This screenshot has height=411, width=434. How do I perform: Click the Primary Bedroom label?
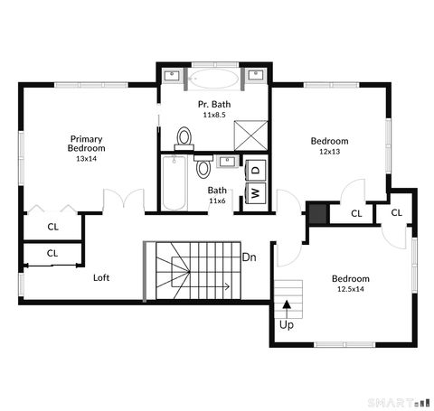point(88,144)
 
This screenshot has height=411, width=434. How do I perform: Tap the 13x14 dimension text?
point(88,158)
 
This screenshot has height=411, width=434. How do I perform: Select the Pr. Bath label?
point(215,105)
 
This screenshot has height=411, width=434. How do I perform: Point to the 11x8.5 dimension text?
point(215,116)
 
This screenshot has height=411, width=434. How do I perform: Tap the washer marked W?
point(256,192)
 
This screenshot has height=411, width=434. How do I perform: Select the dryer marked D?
point(256,169)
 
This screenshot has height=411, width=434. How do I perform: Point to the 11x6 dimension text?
point(217,201)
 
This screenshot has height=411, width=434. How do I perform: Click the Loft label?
point(101,277)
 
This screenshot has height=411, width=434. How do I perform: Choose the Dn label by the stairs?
point(250,257)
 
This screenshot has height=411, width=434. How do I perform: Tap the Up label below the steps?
point(287,324)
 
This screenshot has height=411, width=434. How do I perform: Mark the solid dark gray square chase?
point(316,213)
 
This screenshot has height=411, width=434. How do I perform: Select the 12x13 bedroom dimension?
point(329,152)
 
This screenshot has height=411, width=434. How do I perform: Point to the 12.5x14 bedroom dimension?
point(349,289)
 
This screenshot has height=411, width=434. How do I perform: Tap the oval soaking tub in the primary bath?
point(216,78)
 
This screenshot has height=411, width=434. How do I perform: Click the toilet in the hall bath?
point(203,168)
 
